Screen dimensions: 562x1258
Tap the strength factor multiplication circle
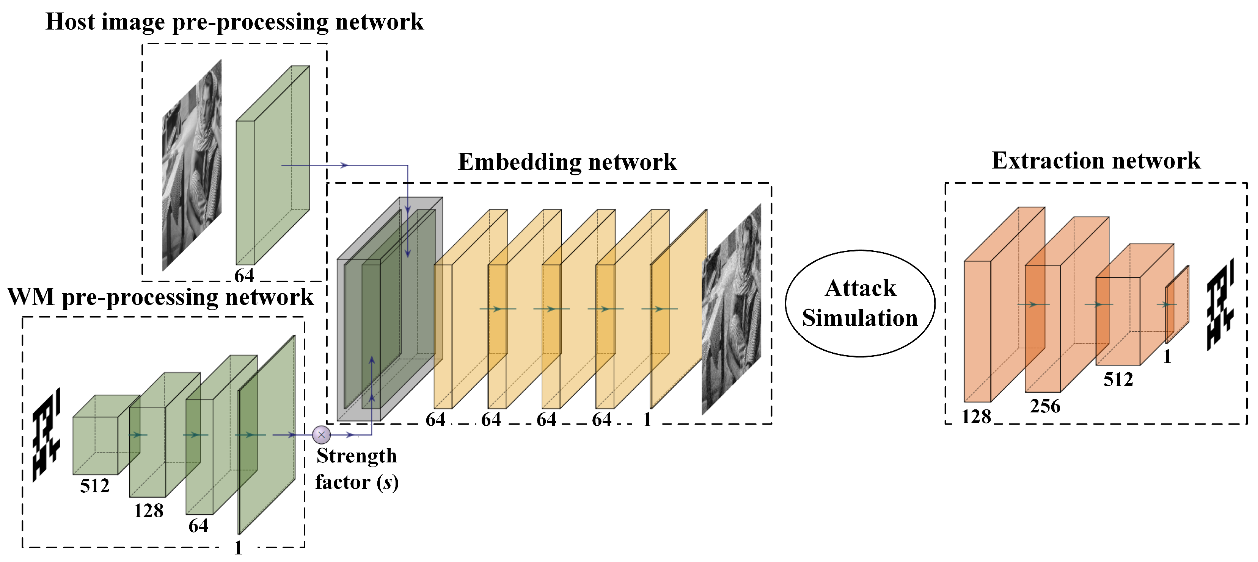point(321,434)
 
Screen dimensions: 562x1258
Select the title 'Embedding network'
point(567,162)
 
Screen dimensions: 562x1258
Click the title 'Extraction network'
point(1095,161)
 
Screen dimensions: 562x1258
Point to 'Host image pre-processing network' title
point(234,22)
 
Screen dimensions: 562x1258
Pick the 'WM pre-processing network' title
point(160,297)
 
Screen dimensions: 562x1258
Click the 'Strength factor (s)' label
point(357,469)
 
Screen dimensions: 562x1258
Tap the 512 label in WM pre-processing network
point(95,486)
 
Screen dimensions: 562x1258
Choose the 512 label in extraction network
point(1118,379)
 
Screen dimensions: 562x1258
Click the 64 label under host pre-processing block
point(244,276)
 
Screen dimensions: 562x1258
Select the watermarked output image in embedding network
point(731,310)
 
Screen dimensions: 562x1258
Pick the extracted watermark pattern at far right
point(1220,305)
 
